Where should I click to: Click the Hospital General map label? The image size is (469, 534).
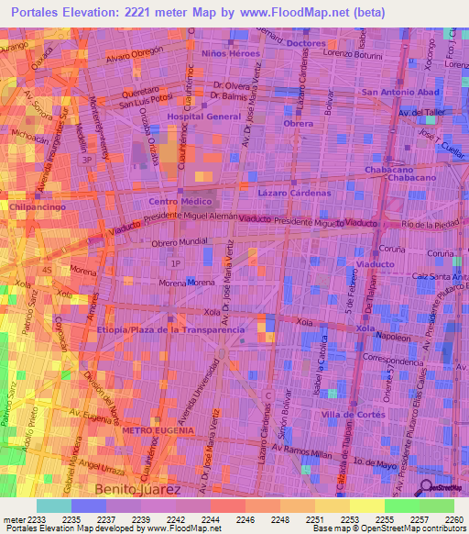point(203,117)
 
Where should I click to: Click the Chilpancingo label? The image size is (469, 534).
point(36,208)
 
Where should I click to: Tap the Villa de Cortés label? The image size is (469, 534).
point(352,415)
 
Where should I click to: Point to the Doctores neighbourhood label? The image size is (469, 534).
point(306,43)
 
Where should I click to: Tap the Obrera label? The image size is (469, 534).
point(298,123)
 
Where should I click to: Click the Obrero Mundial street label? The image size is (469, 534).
point(180,241)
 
